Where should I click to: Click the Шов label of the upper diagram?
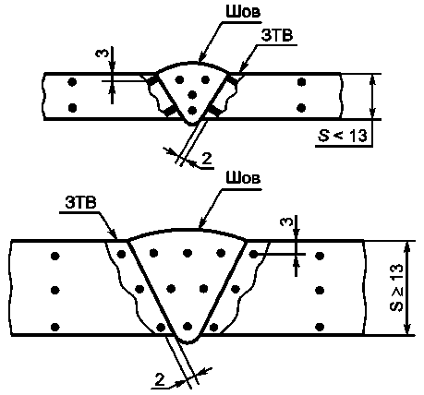[x=243, y=12]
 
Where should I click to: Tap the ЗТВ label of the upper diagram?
[x=276, y=36]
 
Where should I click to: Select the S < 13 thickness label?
[x=343, y=136]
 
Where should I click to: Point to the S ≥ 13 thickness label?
[x=396, y=288]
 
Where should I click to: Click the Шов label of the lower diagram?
[x=243, y=178]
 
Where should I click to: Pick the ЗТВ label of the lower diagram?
[x=80, y=203]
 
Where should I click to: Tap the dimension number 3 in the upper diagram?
[x=105, y=53]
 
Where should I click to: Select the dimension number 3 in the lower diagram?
[x=285, y=221]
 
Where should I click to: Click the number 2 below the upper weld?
[x=207, y=159]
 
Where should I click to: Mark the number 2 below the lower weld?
[x=160, y=381]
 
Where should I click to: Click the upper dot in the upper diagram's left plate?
[x=72, y=82]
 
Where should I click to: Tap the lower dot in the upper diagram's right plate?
[x=302, y=108]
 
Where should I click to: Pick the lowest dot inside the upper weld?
[x=192, y=110]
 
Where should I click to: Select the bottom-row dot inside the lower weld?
[x=188, y=327]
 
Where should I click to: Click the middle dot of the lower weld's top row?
[x=188, y=253]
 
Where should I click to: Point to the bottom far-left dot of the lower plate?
[x=55, y=327]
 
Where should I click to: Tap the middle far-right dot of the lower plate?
[x=321, y=290]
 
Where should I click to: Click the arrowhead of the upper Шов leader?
[x=200, y=59]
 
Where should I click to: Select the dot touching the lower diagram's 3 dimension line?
[x=253, y=255]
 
